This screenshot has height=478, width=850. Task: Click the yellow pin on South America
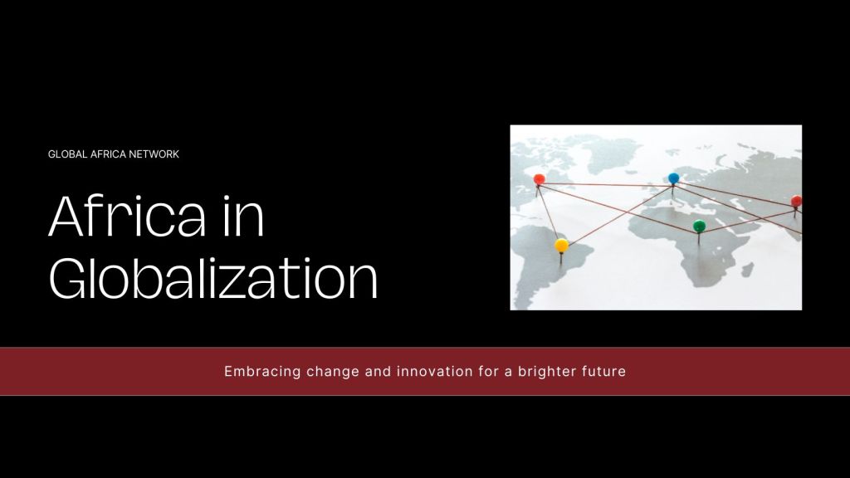point(562,246)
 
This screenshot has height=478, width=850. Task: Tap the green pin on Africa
point(699,226)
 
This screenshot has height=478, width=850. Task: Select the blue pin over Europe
point(674,178)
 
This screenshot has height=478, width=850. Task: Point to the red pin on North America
point(539,179)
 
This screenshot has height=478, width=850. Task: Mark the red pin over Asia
point(796,202)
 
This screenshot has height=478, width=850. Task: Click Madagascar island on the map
point(748,270)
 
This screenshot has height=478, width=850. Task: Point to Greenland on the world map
point(613,154)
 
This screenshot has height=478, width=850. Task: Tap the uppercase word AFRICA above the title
point(109,154)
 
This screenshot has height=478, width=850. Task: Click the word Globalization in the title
point(213,278)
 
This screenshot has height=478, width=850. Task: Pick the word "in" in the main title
point(243,217)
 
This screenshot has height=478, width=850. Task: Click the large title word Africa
point(127,217)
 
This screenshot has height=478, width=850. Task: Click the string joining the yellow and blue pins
point(618,216)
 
